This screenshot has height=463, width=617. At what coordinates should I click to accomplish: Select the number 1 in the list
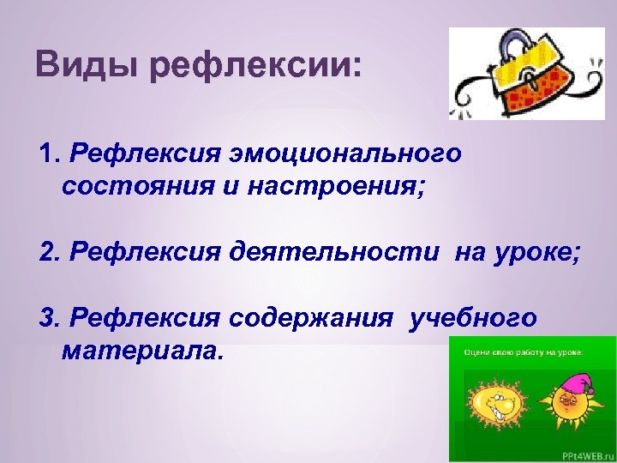click(48, 154)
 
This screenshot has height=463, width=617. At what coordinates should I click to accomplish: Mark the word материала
click(141, 351)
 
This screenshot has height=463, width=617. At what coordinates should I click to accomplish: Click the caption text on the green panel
click(523, 352)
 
